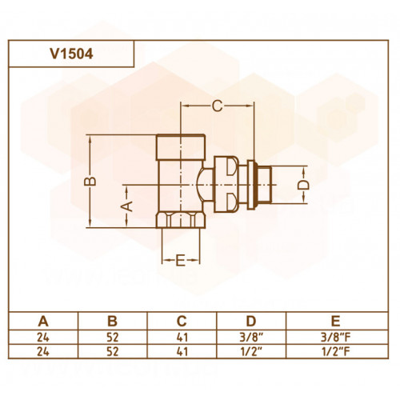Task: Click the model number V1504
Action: (x=71, y=54)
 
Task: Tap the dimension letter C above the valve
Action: (x=217, y=106)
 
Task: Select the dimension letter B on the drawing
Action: (x=90, y=182)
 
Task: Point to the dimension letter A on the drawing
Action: (x=127, y=206)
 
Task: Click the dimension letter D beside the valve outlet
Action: (x=303, y=185)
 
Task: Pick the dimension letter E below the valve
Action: (x=180, y=260)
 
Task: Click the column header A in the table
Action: (x=43, y=321)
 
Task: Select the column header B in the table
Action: (x=112, y=321)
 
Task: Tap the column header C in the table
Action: (x=182, y=321)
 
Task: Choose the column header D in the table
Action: (x=251, y=321)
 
